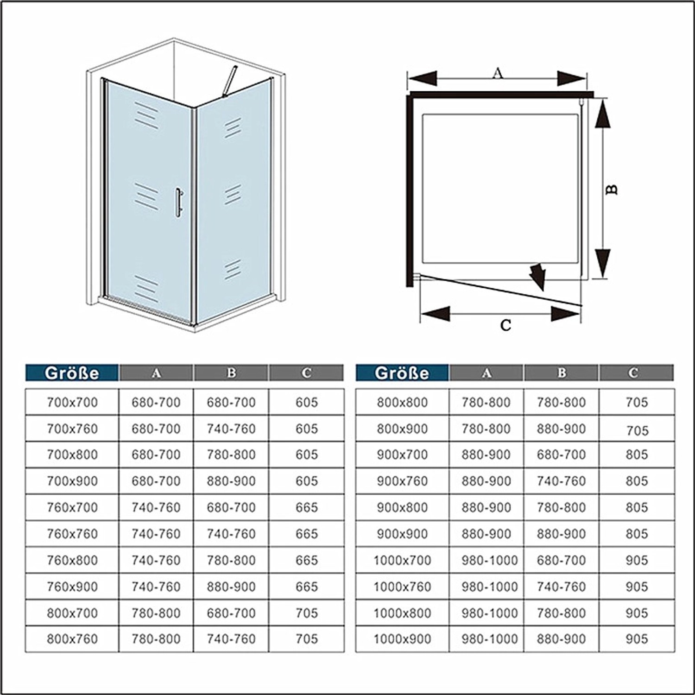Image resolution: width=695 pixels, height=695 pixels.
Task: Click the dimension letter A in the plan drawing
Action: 497,73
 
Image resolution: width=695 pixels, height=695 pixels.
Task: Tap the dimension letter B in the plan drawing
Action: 613,189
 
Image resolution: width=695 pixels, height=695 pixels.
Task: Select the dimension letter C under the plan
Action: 505,325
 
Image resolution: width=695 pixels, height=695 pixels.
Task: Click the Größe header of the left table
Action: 72,373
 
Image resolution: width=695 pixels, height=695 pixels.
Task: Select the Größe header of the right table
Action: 402,373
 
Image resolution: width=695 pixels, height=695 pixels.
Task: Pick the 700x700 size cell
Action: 72,402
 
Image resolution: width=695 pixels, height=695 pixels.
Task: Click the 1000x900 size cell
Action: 402,639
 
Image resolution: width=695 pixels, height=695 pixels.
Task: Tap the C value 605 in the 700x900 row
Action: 307,481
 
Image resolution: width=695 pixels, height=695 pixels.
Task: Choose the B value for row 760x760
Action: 231,534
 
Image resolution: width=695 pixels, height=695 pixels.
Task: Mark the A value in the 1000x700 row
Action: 489,560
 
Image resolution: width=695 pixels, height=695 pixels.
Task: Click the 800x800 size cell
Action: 402,402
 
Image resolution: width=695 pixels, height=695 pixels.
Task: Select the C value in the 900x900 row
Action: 637,534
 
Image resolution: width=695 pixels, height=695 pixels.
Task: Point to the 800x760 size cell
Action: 72,639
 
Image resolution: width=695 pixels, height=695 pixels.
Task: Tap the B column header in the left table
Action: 231,373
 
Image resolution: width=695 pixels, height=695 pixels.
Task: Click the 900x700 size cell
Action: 402,455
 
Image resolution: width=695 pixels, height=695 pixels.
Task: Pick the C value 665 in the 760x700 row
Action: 307,507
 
